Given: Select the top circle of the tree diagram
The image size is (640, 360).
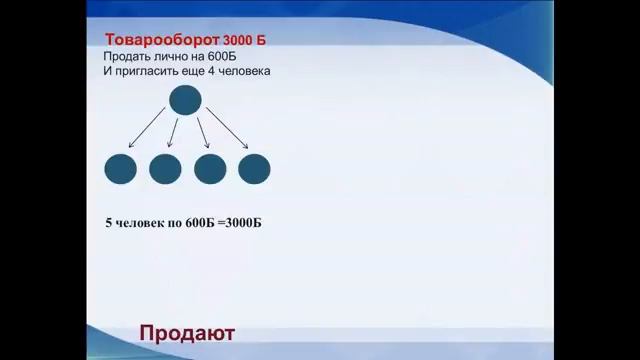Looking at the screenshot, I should click(185, 100).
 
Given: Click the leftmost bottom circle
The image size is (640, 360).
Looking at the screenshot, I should click(120, 168).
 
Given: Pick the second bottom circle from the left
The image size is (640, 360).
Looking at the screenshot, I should click(165, 168).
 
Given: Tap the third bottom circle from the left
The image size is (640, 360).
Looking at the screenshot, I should click(210, 168).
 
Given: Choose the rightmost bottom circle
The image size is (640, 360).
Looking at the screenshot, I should click(254, 168).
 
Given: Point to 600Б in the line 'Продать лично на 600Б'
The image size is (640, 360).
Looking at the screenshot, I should click(235, 57).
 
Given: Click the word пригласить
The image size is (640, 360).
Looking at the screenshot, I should click(152, 72).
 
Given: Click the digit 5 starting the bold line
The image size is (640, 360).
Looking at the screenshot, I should click(108, 222).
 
